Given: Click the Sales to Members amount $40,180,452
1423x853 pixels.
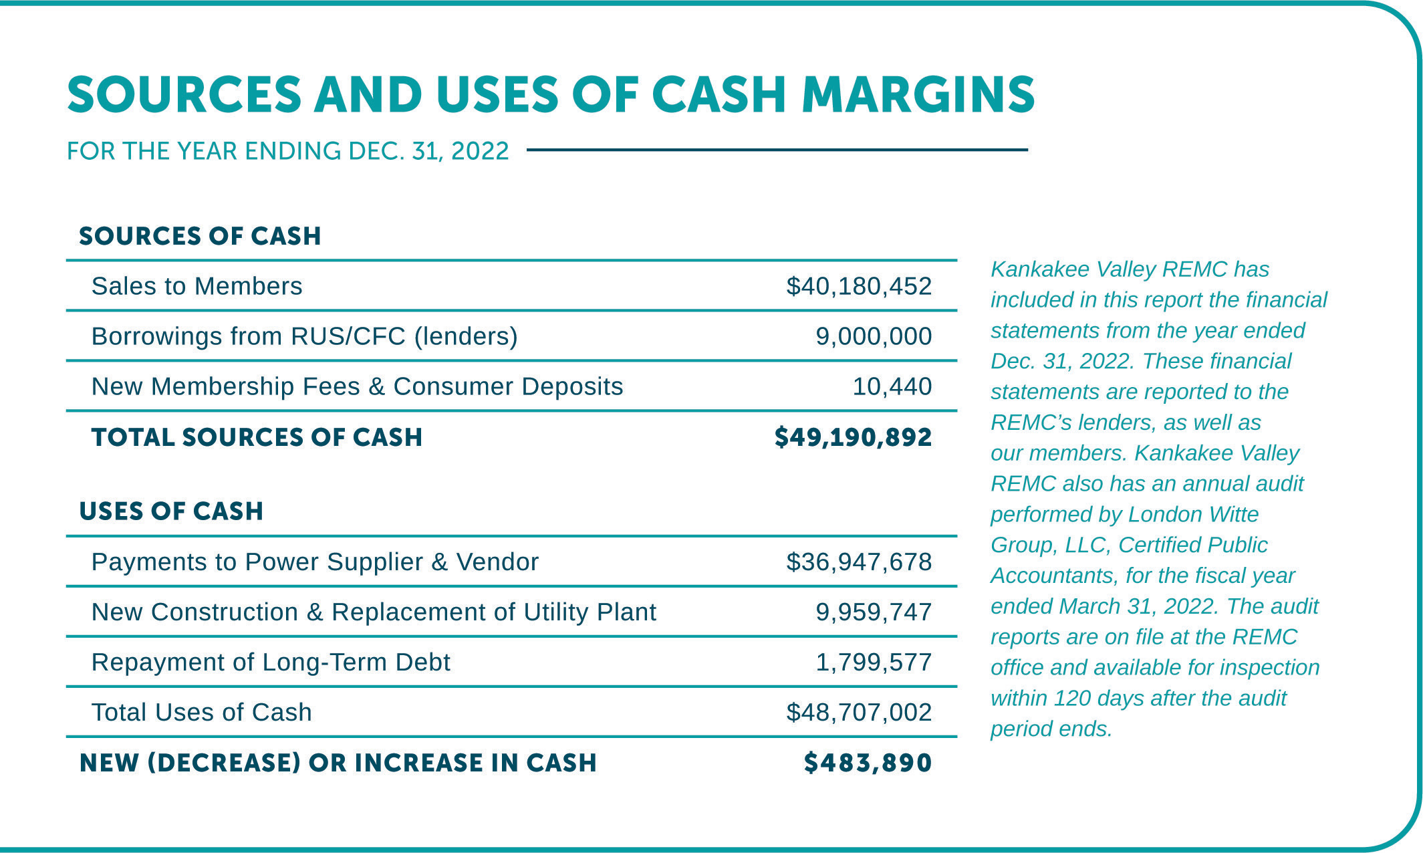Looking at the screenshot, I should coord(858,286).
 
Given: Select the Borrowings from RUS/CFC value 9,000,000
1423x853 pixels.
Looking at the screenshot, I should coord(873,336).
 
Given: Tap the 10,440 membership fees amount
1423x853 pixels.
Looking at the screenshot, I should coord(892,386).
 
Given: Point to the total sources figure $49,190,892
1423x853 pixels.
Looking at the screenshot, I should coord(853,437).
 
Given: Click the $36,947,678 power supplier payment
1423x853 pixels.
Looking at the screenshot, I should coord(858,562).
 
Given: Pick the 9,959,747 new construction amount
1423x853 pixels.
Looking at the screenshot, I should coord(873,612).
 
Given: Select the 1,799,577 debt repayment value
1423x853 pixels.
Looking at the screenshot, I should coord(873,662).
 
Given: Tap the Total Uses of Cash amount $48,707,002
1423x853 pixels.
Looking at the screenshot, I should coord(858,713).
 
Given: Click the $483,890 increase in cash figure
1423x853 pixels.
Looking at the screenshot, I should coord(868,763).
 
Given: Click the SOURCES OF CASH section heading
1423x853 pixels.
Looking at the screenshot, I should coord(200,236).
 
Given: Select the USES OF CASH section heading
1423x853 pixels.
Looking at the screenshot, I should coord(171,511).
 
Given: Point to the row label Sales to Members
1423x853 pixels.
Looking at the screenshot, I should coord(197,286).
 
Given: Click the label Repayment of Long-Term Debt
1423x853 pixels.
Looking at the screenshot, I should coord(271,662).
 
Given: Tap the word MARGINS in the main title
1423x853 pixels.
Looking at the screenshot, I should coord(918,94).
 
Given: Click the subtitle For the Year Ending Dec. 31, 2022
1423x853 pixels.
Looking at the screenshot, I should coord(287,151).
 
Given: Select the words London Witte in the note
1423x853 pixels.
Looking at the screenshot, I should coord(1193,514).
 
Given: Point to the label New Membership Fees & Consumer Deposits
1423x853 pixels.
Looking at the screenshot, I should coord(357,386).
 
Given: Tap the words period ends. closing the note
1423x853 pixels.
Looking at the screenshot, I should coord(1051,729).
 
